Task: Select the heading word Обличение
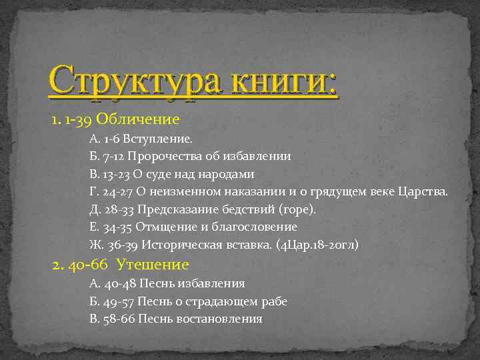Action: click(138, 119)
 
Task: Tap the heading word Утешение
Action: click(152, 265)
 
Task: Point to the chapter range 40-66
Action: click(89, 265)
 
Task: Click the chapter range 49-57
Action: click(117, 301)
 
